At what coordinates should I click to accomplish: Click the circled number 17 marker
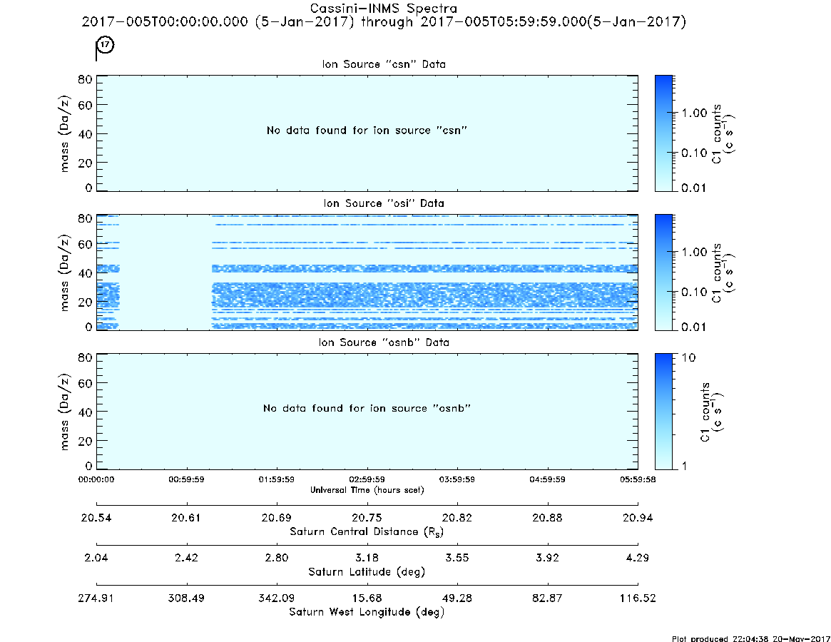[x=106, y=44]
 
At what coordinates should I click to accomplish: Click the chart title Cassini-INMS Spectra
[x=383, y=9]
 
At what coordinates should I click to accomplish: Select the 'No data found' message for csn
[x=367, y=131]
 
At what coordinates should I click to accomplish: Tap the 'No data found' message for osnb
[x=367, y=408]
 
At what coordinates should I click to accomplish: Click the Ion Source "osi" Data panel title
[x=384, y=203]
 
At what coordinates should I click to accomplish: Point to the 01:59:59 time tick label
[x=277, y=479]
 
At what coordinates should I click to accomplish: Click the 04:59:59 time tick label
[x=548, y=479]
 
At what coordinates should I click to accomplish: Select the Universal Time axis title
[x=367, y=490]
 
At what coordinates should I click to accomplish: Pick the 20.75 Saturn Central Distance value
[x=367, y=518]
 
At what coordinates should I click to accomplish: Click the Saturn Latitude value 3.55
[x=457, y=558]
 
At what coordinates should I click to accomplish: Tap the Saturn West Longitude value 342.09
[x=277, y=598]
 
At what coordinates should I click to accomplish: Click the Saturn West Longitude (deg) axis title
[x=367, y=612]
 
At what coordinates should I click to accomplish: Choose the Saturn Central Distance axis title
[x=367, y=531]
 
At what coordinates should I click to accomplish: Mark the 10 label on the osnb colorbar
[x=688, y=358]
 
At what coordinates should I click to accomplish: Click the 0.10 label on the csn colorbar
[x=694, y=153]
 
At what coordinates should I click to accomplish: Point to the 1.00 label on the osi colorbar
[x=694, y=252]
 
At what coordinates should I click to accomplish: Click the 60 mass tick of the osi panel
[x=85, y=245]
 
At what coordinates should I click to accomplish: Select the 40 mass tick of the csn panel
[x=85, y=134]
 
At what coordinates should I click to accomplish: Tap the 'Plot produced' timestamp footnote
[x=751, y=638]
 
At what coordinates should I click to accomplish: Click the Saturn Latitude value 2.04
[x=96, y=558]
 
